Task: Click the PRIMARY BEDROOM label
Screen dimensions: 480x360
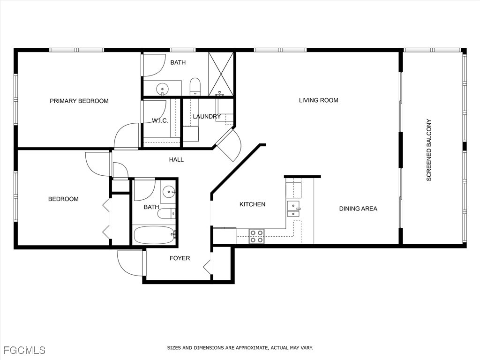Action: pos(79,101)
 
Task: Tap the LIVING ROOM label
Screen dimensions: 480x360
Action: pos(319,100)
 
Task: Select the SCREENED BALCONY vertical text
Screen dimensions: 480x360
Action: pos(429,150)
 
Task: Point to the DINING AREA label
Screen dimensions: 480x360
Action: pos(358,209)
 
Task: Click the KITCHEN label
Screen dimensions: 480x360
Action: pos(252,204)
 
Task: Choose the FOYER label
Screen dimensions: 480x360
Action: pos(180,258)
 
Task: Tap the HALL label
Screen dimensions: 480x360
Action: pos(176,159)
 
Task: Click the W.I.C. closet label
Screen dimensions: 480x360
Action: pos(160,120)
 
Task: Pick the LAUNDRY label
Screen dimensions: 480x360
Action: pos(207,116)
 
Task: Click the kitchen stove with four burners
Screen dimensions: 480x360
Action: pos(256,236)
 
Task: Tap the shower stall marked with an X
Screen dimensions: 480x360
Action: pos(221,74)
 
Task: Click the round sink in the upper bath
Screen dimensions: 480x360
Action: pos(162,89)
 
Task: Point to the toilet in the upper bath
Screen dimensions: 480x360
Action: pos(195,87)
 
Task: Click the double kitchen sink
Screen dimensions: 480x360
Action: pos(293,209)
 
